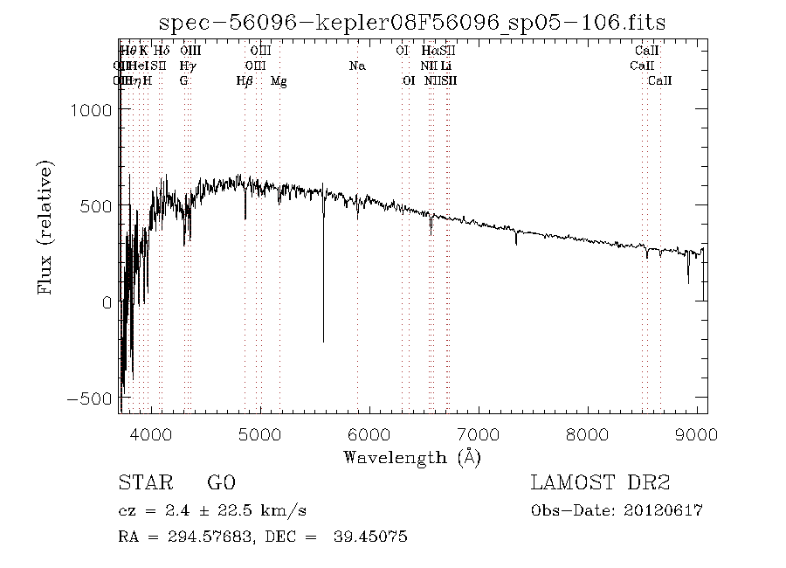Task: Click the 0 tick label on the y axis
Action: [105, 302]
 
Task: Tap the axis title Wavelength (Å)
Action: [412, 456]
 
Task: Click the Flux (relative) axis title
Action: [45, 226]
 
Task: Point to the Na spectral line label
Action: [357, 66]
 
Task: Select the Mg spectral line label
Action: [279, 81]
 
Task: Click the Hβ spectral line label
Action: [245, 81]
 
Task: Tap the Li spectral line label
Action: [445, 66]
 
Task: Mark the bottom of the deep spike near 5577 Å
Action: [323, 341]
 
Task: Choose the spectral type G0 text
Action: [220, 483]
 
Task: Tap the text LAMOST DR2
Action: [600, 483]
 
